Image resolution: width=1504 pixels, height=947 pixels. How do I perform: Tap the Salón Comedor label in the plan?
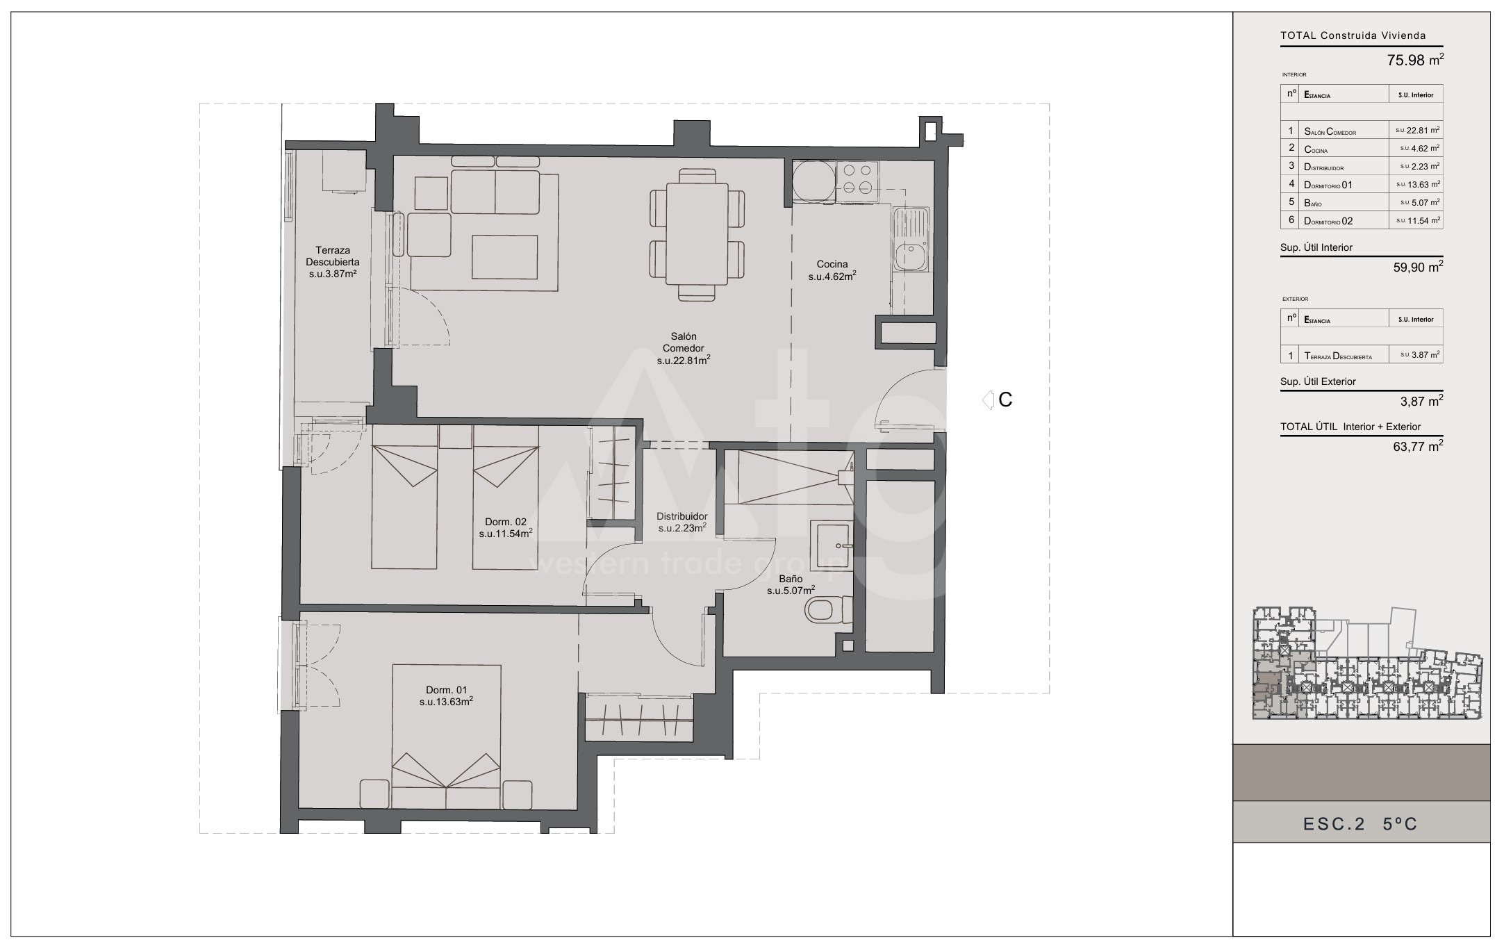[x=683, y=348]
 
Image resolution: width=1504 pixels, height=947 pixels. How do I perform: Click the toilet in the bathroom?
[x=827, y=611]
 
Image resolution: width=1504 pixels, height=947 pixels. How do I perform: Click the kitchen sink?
[x=911, y=239]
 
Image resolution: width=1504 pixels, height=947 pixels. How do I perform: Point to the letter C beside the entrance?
[x=1005, y=400]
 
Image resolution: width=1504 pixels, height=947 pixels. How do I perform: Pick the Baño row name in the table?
[x=1313, y=203]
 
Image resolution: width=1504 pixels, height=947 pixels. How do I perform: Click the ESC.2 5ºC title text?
[x=1360, y=824]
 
